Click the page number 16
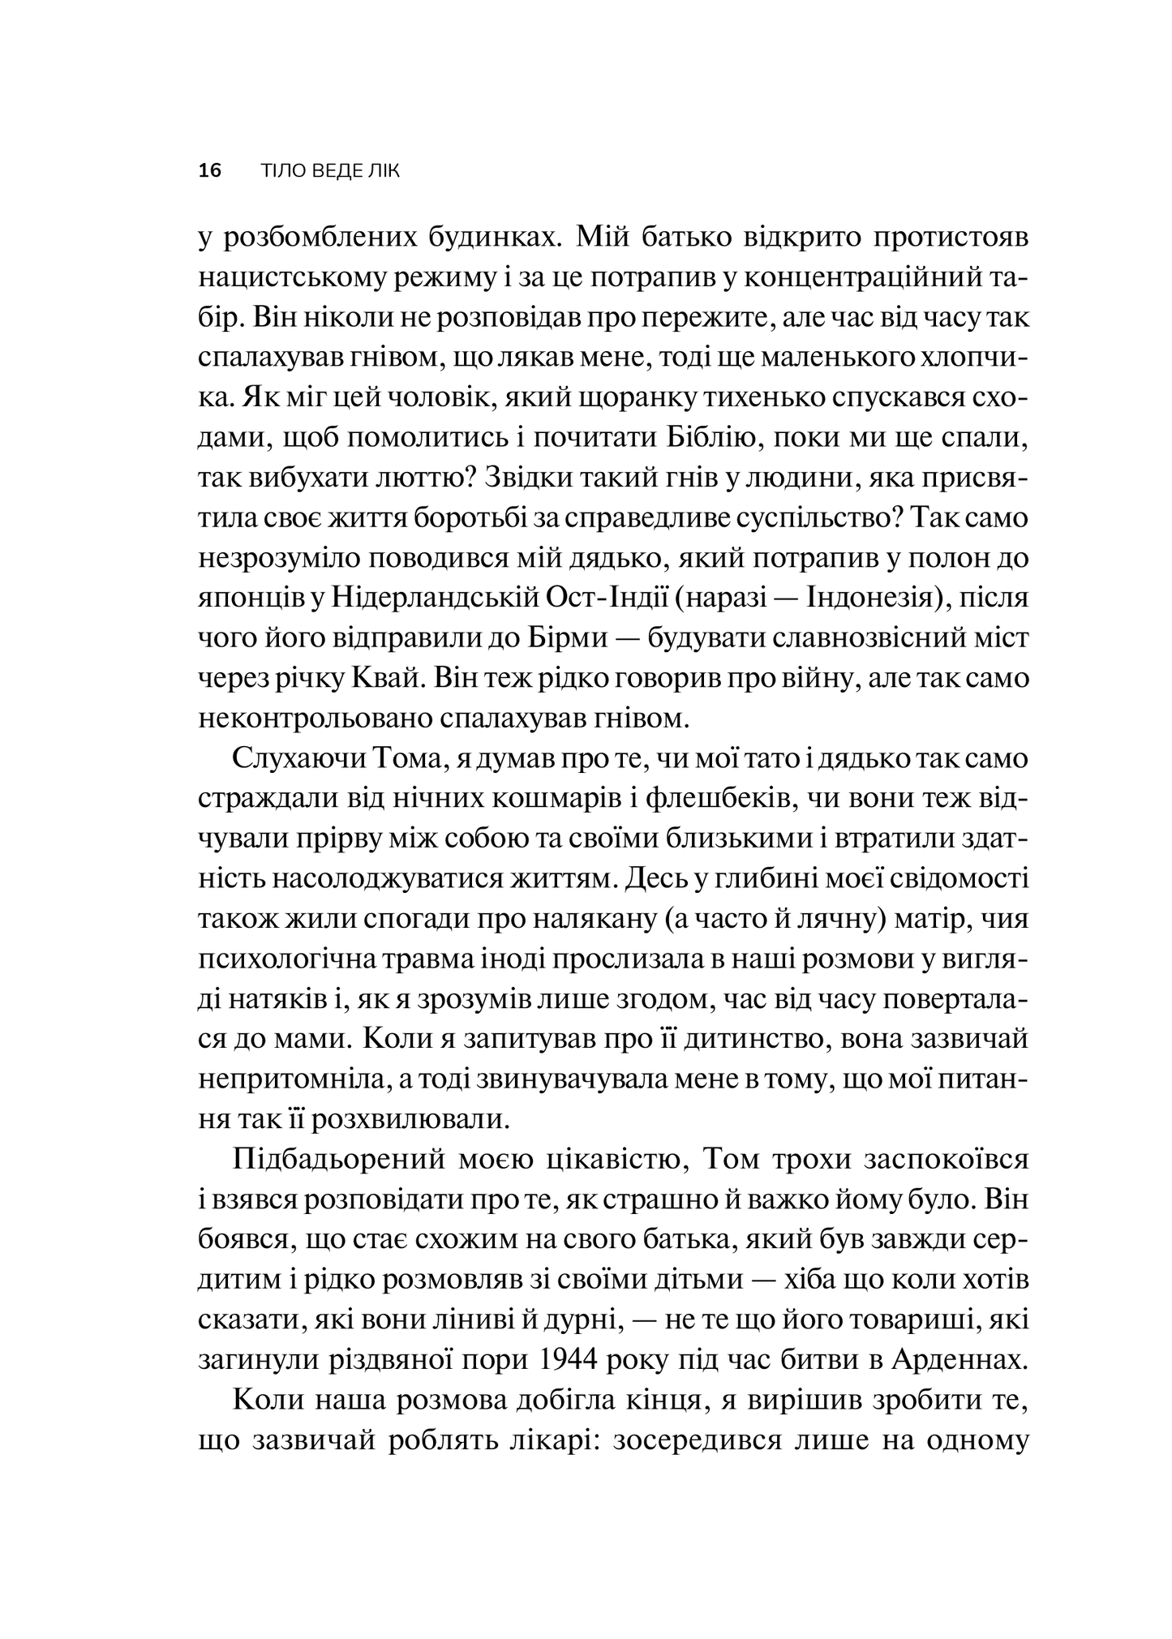pos(209,171)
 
